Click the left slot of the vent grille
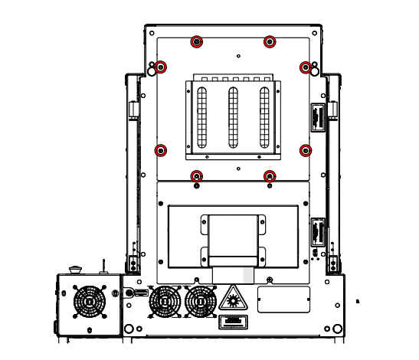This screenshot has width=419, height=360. pyautogui.click(x=202, y=117)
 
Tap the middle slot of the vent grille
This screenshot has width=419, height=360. pyautogui.click(x=234, y=117)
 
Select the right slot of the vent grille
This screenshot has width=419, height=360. pyautogui.click(x=265, y=117)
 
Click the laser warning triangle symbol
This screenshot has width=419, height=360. pyautogui.click(x=232, y=298)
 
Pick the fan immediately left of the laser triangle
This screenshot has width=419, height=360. pyautogui.click(x=201, y=301)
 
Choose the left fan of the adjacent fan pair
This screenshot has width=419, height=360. pyautogui.click(x=165, y=301)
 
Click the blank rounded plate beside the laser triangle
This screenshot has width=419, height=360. pyautogui.click(x=283, y=299)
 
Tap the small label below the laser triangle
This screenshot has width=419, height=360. pyautogui.click(x=232, y=321)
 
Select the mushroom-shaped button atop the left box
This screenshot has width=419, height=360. pyautogui.click(x=75, y=269)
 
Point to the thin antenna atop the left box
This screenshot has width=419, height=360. pyautogui.click(x=103, y=266)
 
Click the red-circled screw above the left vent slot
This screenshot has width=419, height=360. pyautogui.click(x=197, y=41)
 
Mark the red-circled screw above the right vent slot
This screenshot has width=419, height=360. pyautogui.click(x=270, y=41)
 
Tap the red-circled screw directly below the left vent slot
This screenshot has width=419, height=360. pyautogui.click(x=197, y=176)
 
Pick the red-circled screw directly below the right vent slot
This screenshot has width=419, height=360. pyautogui.click(x=270, y=176)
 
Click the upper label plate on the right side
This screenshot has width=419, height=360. pyautogui.click(x=317, y=118)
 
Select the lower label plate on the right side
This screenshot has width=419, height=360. pyautogui.click(x=317, y=232)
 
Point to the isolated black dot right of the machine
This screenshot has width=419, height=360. pyautogui.click(x=357, y=302)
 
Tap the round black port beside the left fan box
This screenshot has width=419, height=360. pyautogui.click(x=129, y=293)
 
